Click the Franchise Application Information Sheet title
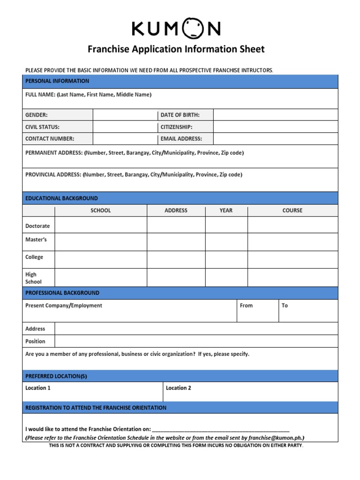point(176,49)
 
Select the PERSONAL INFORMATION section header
point(57,81)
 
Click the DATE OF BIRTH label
point(180,115)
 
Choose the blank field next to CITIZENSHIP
point(275,127)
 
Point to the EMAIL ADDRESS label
point(181,139)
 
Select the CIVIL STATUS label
point(42,127)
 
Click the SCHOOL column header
point(101,210)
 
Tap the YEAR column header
point(226,210)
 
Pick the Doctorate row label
point(37,226)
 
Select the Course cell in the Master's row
point(292,242)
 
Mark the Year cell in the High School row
point(226,277)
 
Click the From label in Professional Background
point(246,306)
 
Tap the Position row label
point(35,341)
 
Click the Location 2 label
point(179,388)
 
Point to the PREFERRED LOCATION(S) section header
point(56,376)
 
